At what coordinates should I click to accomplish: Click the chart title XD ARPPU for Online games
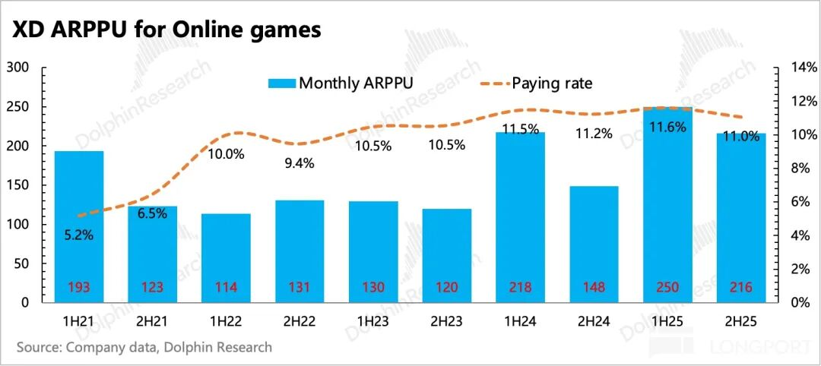164,30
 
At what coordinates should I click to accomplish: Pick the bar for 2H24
594,243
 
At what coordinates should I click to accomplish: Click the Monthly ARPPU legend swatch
281,83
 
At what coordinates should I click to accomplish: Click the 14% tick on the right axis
799,68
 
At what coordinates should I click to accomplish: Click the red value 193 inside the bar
79,288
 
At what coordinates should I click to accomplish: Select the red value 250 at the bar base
668,288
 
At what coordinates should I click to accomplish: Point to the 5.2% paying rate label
78,235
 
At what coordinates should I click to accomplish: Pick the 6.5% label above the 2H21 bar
152,214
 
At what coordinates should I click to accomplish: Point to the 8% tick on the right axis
797,169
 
